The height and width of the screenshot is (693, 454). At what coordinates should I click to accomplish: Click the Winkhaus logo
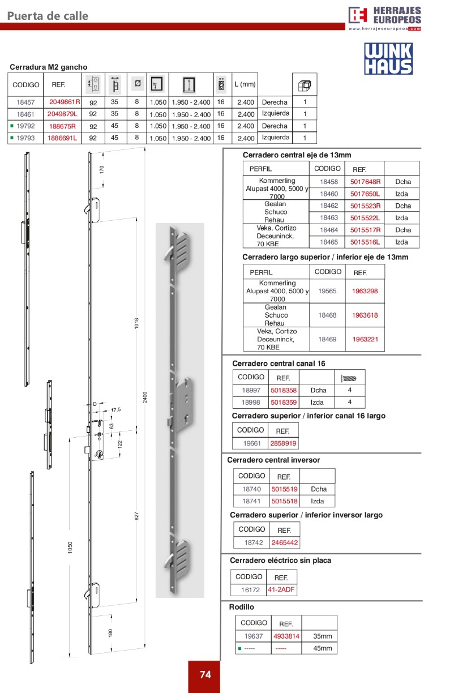[388, 59]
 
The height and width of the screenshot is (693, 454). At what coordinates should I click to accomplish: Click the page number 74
[205, 675]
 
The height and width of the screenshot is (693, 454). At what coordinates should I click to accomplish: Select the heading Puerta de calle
[48, 16]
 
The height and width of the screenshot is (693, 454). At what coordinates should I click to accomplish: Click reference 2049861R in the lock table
[65, 102]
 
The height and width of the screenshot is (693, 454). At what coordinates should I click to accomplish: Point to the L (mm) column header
[245, 84]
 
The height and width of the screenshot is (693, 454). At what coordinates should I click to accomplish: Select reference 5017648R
[365, 182]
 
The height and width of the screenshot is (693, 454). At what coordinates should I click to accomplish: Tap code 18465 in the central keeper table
[328, 242]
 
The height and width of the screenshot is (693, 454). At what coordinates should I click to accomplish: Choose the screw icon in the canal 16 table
[349, 378]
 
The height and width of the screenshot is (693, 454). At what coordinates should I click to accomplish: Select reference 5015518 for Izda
[284, 501]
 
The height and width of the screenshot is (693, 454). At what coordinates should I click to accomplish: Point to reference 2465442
[285, 542]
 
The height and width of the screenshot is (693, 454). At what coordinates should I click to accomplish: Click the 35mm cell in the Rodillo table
[322, 636]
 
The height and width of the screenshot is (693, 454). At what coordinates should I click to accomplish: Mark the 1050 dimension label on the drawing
[70, 547]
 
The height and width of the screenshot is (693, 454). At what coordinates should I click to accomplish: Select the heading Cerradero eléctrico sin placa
[280, 561]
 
